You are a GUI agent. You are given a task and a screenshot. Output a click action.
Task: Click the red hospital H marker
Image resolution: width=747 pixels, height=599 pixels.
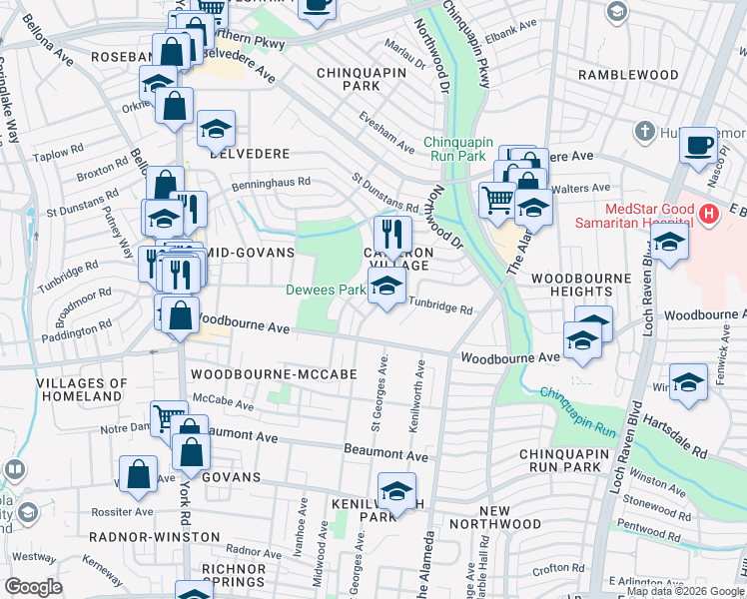(x=709, y=213)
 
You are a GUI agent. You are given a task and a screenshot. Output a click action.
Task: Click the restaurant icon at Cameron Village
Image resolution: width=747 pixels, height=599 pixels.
(x=392, y=235)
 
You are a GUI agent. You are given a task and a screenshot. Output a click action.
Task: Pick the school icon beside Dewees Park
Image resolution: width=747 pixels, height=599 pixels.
(x=386, y=288)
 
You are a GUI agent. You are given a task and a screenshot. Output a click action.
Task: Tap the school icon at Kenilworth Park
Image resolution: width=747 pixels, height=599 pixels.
(x=396, y=491)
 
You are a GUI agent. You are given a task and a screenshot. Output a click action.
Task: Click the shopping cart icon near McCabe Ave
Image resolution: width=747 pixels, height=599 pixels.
(x=168, y=417)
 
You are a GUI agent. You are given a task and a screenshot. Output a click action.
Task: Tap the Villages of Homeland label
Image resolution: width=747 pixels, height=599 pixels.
(x=82, y=389)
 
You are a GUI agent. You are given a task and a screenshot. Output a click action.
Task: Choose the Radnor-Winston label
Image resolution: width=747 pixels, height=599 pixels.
(x=155, y=537)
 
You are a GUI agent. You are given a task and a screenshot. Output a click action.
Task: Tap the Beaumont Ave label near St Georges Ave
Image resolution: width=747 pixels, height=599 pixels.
(x=385, y=455)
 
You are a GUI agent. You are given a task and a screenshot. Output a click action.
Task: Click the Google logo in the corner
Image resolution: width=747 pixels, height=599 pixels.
(x=33, y=587)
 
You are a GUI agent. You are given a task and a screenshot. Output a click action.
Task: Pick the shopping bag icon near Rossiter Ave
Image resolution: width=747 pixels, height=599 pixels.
(x=138, y=475)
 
